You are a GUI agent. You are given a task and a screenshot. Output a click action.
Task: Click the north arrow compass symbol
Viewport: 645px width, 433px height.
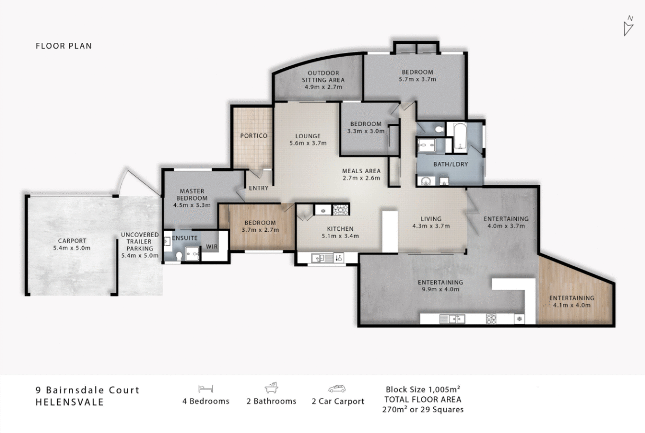coord(628,26)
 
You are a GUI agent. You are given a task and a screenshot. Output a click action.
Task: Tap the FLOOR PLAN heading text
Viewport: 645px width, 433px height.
coord(64,46)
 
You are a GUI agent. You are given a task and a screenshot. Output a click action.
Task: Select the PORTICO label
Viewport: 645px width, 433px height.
coord(254,136)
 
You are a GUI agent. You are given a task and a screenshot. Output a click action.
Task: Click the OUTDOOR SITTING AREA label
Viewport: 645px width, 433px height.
coord(323,76)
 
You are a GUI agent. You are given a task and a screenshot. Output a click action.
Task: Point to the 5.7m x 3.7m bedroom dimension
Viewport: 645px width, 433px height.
coord(417,79)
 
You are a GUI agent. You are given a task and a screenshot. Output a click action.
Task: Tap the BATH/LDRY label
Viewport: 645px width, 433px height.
coord(451,164)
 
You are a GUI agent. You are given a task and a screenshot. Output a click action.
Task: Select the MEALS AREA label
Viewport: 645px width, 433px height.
coord(361,171)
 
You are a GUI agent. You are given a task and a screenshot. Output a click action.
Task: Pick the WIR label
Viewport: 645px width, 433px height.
coord(211,247)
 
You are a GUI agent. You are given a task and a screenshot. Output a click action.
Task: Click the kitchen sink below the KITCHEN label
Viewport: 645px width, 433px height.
coord(320,258)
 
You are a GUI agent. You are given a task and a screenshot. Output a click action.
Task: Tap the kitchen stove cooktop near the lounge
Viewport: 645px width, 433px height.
coord(341,210)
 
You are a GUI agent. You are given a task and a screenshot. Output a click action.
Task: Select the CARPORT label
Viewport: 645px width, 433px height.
coord(72,241)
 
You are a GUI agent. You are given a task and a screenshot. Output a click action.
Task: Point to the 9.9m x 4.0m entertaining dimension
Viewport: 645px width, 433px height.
coord(440,290)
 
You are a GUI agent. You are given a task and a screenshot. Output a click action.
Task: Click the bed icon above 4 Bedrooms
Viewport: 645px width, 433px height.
coord(205,389)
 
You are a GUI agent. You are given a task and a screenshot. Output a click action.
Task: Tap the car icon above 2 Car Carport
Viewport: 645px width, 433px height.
coord(337,389)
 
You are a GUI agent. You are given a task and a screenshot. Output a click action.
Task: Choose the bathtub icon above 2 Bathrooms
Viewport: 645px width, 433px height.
coord(271,388)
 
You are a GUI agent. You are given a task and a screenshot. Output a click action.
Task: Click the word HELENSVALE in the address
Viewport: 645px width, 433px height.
coord(69,402)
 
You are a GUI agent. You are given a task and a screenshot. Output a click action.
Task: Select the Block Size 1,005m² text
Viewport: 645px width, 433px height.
coord(423,389)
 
